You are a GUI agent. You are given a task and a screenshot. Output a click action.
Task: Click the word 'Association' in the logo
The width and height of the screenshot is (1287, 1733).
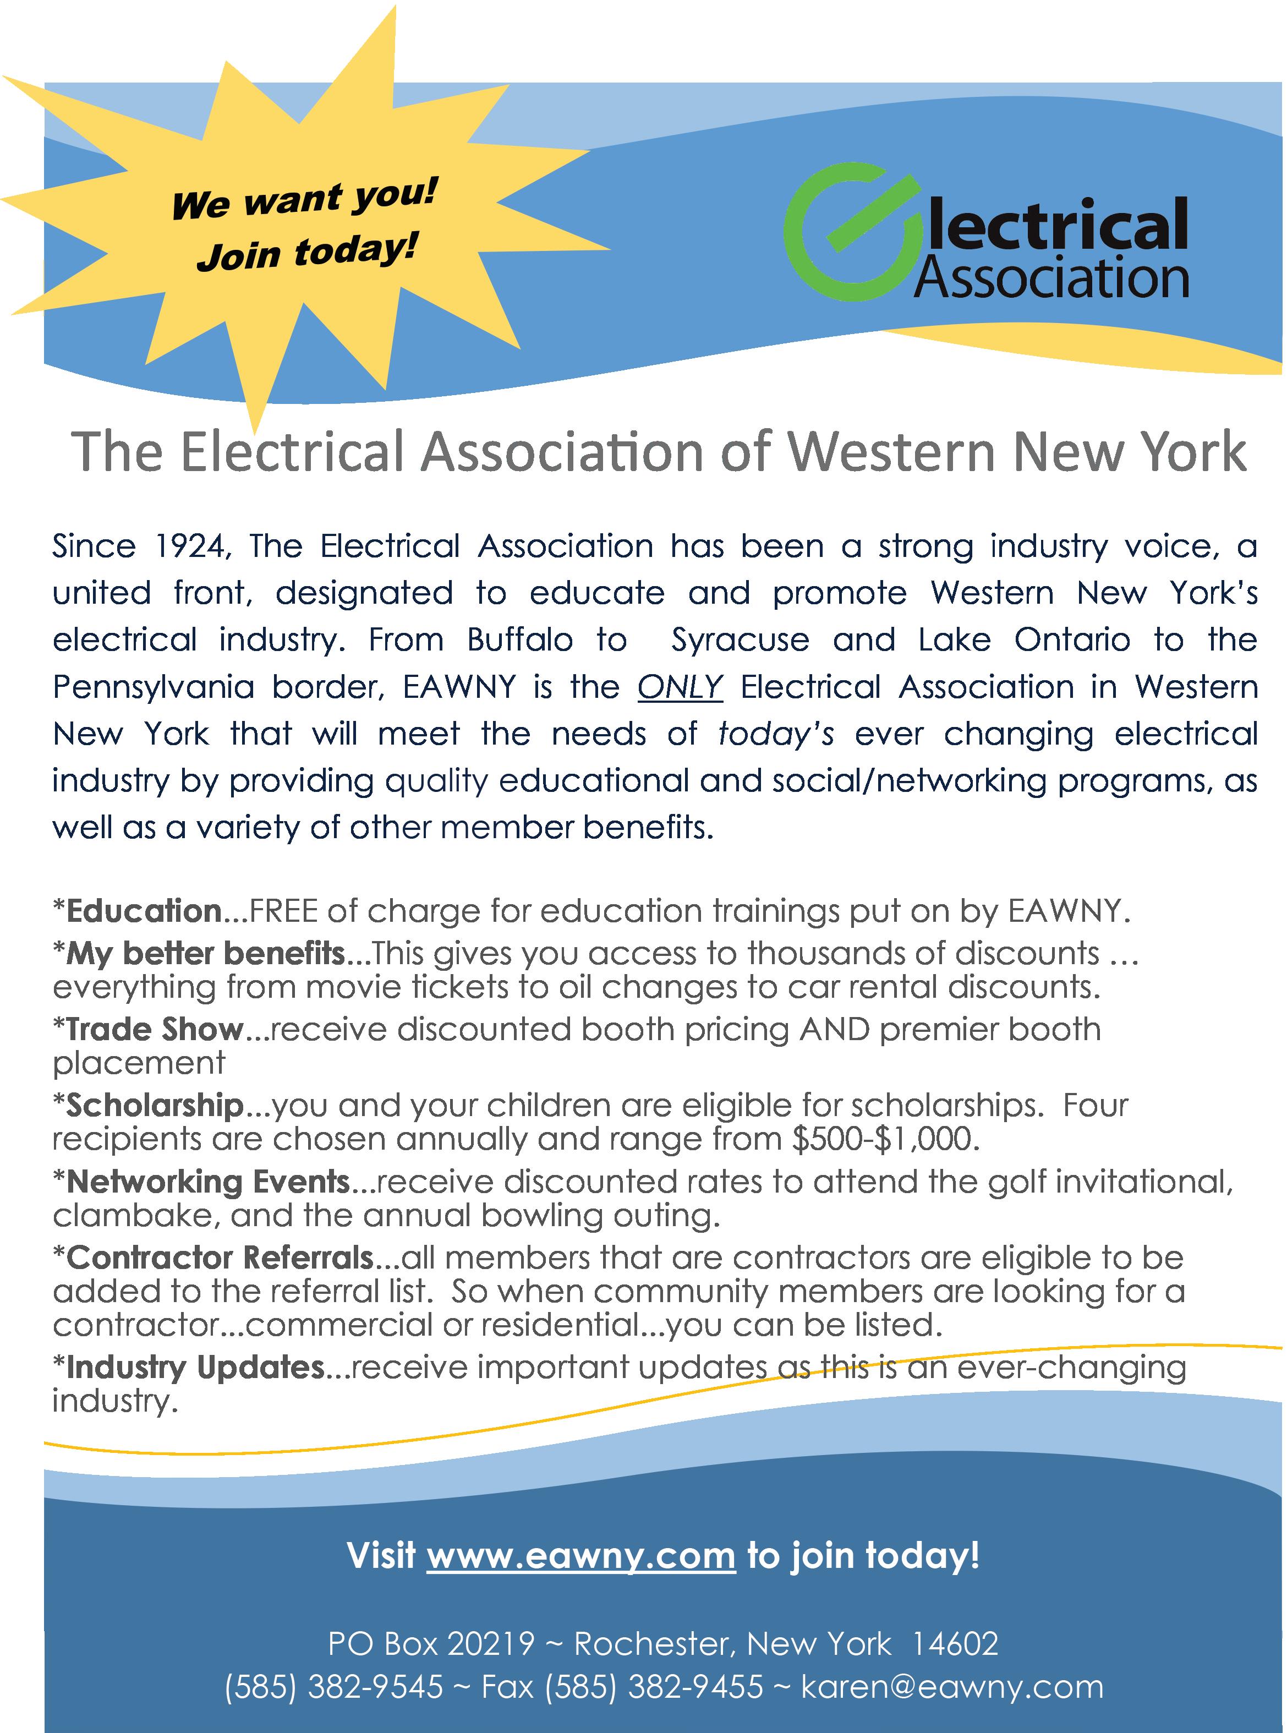point(1051,279)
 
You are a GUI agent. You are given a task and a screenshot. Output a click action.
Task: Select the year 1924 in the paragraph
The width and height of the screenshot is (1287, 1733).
point(191,546)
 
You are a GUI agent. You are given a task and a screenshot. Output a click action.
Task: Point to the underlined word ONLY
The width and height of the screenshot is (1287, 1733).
point(680,687)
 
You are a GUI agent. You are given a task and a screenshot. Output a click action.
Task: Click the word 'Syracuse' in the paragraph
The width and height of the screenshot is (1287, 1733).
point(740,641)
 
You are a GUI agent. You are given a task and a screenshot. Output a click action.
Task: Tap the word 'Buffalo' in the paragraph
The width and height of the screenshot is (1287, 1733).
point(521,641)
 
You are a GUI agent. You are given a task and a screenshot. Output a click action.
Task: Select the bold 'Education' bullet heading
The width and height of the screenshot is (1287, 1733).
point(145,910)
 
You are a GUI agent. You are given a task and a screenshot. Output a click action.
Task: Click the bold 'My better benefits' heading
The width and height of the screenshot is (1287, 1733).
point(206,952)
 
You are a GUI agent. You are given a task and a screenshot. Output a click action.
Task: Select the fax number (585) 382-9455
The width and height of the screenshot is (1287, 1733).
point(654,1687)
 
